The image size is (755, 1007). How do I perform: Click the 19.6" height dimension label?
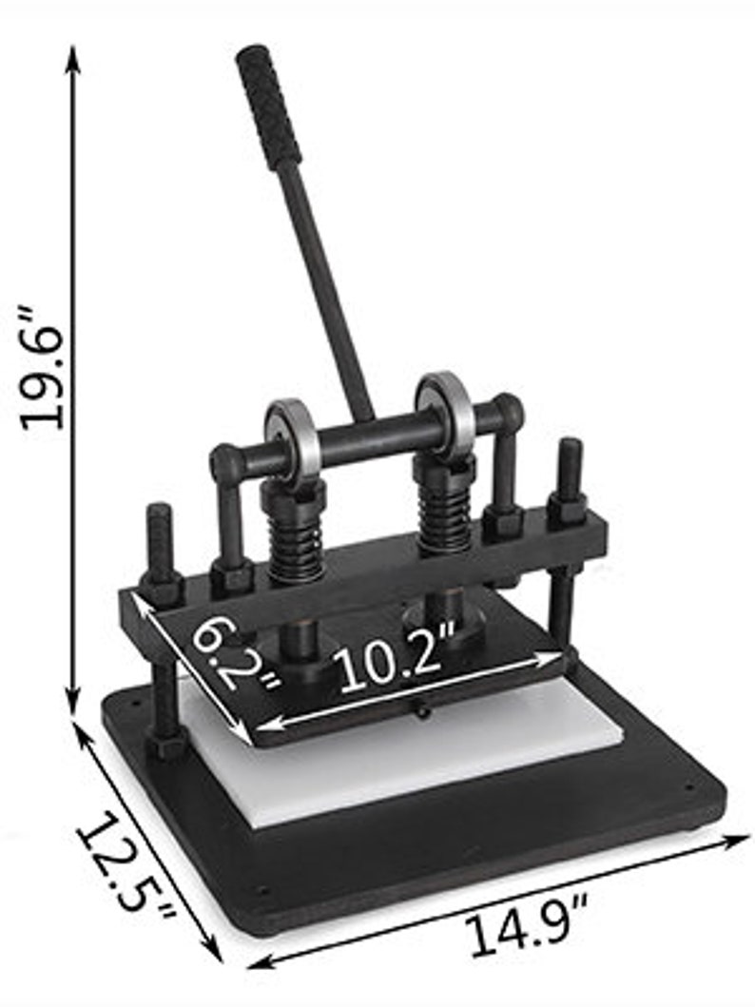click(43, 367)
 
